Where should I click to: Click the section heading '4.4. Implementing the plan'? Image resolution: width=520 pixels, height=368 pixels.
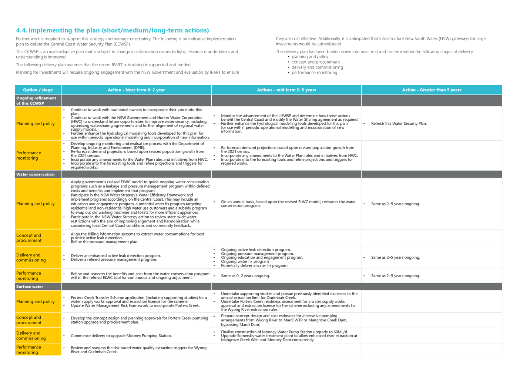[113, 30]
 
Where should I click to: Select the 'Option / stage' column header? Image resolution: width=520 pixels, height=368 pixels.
[38, 90]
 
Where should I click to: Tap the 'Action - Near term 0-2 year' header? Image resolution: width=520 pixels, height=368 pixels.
[136, 90]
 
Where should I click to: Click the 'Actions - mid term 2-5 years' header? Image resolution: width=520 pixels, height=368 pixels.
[286, 90]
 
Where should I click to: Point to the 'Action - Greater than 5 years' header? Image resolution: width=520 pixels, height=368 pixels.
[432, 90]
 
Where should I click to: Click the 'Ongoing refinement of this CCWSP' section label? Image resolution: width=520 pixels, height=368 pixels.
[36, 101]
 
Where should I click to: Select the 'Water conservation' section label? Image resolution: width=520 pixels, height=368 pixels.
[35, 174]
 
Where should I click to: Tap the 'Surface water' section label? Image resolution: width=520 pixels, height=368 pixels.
[30, 287]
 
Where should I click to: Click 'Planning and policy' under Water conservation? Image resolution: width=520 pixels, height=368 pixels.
[36, 204]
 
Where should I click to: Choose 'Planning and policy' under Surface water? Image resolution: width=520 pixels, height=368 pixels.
[36, 302]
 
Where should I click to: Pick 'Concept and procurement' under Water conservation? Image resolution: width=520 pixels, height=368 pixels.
[29, 238]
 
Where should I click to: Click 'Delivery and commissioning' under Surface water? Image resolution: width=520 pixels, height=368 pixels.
[31, 336]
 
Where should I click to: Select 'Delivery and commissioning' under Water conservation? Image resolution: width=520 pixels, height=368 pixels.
[31, 258]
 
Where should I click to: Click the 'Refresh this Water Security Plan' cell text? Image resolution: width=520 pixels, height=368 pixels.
[399, 124]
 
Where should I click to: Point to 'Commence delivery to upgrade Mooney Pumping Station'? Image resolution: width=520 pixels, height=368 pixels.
[121, 336]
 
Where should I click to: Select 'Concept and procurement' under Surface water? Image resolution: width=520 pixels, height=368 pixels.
[29, 320]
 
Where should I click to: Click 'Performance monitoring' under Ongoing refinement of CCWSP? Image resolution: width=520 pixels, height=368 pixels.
[28, 155]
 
